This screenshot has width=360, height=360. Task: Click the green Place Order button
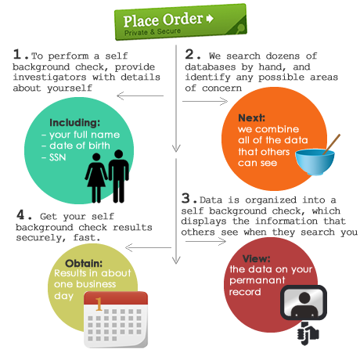coord(181,22)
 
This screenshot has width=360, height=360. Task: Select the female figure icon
coord(96,178)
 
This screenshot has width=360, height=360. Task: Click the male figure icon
coord(118,176)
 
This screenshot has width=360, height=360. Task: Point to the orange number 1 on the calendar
coord(99,304)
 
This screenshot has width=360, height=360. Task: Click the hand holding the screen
coord(308,333)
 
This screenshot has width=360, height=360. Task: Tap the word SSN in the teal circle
coord(58,157)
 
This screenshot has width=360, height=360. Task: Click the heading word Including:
coord(74,123)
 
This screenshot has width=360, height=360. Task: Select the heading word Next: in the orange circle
coord(251,118)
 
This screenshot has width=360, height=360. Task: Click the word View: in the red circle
coord(256,258)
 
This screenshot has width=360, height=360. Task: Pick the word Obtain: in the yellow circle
coord(84,263)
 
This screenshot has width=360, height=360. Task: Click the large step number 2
coord(189,54)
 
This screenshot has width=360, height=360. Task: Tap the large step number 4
coord(20,214)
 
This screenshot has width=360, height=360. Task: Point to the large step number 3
coord(185,198)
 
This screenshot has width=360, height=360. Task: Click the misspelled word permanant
coord(257,280)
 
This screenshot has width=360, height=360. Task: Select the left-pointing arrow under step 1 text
coord(140,95)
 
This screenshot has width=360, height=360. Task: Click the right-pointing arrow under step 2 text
coord(205,101)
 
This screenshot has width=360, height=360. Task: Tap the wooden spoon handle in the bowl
coord(331,144)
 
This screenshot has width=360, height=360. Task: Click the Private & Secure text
coord(153,32)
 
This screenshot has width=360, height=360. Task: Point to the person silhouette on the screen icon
coord(304,304)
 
